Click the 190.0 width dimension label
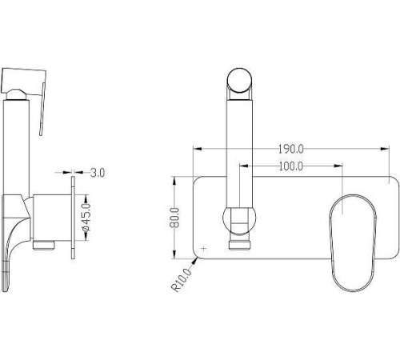coord(291,149)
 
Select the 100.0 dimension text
coord(291,166)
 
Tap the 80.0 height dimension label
coord(175,218)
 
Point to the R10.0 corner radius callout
coord(182,280)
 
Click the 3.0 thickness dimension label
coord(98,173)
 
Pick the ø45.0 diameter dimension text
coord(86,218)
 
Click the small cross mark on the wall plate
coord(204,249)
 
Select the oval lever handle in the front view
coord(353,243)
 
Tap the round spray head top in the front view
coord(239,80)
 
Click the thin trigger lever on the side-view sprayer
coord(42,110)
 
